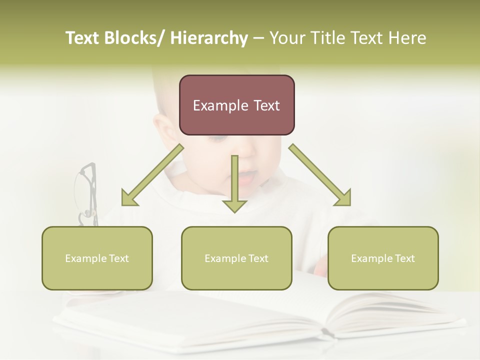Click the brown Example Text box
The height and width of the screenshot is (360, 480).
click(x=236, y=105)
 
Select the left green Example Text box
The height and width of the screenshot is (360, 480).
click(x=97, y=258)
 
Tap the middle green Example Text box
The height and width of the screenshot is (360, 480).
click(x=236, y=258)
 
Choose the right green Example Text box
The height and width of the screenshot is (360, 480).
click(x=383, y=258)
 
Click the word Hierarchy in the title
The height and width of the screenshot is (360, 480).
click(x=209, y=38)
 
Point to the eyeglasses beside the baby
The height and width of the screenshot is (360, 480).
click(x=86, y=192)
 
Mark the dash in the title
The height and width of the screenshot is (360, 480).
click(x=258, y=38)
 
